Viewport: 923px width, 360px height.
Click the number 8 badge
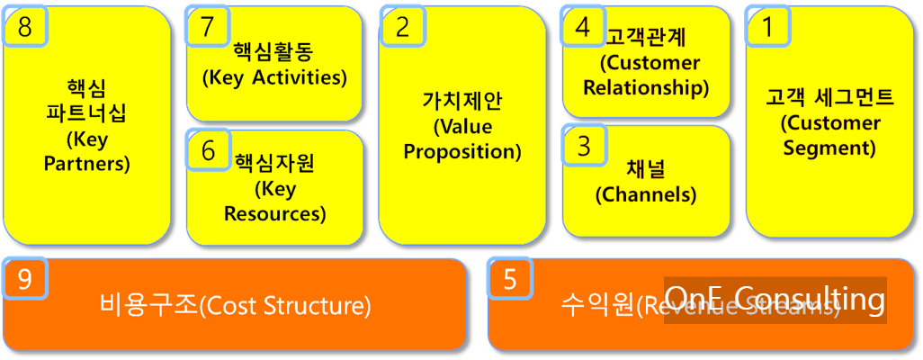25,27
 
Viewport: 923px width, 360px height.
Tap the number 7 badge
208,27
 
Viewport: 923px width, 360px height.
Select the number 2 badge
402,27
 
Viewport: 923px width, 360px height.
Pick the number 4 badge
583,27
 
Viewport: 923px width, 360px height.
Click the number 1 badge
767,27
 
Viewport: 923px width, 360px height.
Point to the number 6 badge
208,150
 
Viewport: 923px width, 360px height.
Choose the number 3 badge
584,145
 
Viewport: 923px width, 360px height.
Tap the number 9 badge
25,280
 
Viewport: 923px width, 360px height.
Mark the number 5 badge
510,280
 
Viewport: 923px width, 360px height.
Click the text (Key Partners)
86,152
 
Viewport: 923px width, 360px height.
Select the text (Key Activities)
274,77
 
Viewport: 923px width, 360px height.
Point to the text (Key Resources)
274,202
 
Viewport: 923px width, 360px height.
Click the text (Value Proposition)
462,139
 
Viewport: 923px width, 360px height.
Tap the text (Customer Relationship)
646,76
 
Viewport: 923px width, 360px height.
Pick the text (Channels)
646,193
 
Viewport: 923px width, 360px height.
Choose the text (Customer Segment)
829,135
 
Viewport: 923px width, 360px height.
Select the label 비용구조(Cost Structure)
235,306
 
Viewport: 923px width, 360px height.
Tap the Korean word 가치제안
462,100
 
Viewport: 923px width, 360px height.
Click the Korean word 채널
646,168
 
